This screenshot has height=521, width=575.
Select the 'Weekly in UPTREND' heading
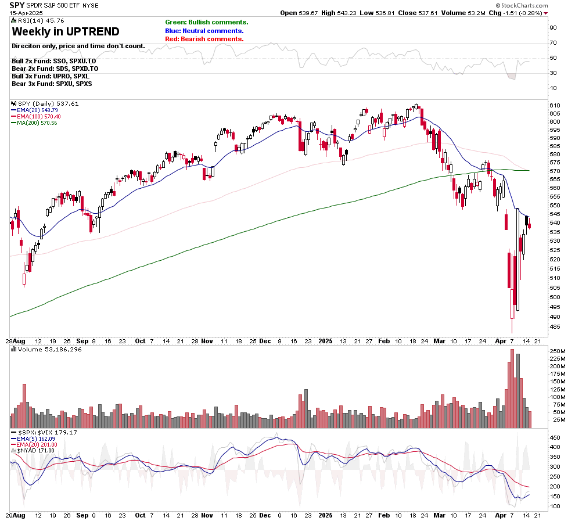click(x=65, y=32)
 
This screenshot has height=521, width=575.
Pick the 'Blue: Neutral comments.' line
click(x=204, y=31)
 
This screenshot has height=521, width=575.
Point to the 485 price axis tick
click(x=555, y=326)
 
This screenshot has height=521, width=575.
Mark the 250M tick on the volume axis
click(x=558, y=351)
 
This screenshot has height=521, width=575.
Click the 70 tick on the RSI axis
click(x=554, y=43)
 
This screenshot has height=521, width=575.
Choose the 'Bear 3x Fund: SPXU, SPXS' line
click(x=51, y=84)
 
